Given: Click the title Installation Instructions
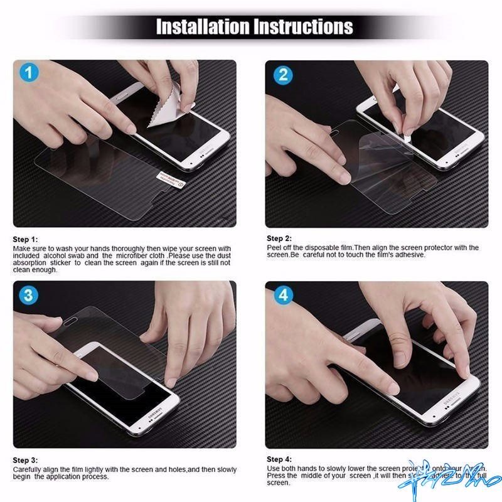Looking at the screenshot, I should pyautogui.click(x=254, y=26).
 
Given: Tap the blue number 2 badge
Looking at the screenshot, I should pyautogui.click(x=282, y=75).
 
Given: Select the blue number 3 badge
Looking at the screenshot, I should pyautogui.click(x=28, y=296).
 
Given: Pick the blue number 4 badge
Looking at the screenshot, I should pyautogui.click(x=282, y=296).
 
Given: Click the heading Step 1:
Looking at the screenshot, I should pyautogui.click(x=26, y=239).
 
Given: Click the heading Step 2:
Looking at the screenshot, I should pyautogui.click(x=279, y=238).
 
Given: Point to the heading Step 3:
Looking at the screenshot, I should pyautogui.click(x=26, y=460).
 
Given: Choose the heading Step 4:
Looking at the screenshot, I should pyautogui.click(x=279, y=459).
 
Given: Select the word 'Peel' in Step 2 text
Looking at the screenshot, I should pyautogui.click(x=274, y=248).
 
